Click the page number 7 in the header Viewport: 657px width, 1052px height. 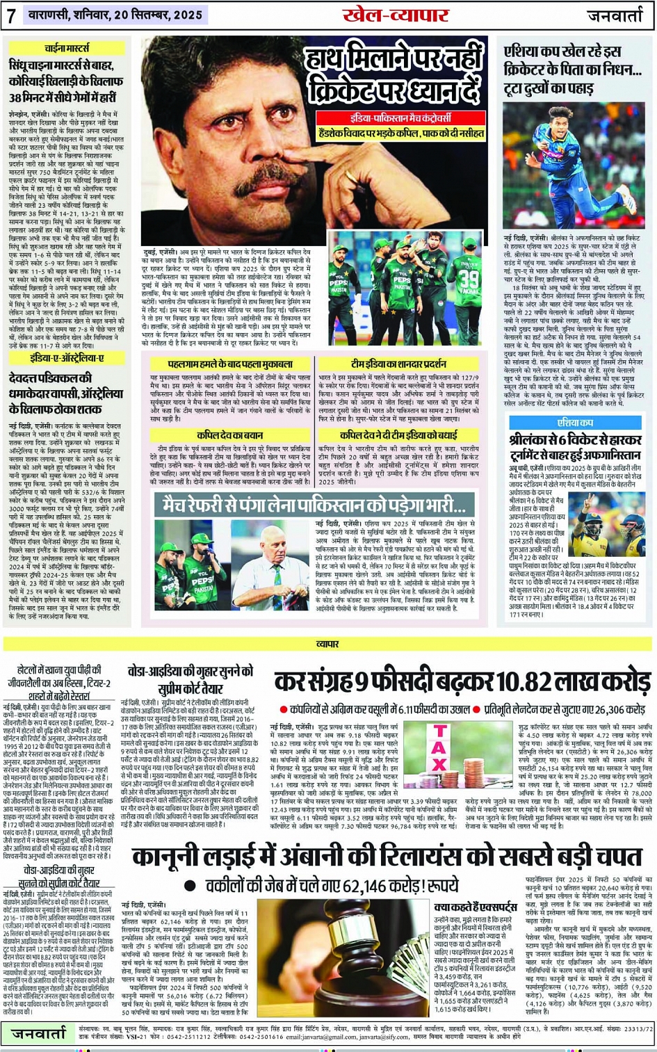click(x=12, y=15)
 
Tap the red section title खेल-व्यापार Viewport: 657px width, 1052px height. click(x=396, y=15)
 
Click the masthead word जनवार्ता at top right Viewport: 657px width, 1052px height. click(x=615, y=15)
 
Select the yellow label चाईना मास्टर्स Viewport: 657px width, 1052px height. click(x=67, y=48)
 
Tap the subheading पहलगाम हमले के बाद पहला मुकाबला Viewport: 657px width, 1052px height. click(x=230, y=364)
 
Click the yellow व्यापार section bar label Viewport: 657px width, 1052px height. click(x=327, y=645)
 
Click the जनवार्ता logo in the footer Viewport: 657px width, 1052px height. click(x=39, y=1033)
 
